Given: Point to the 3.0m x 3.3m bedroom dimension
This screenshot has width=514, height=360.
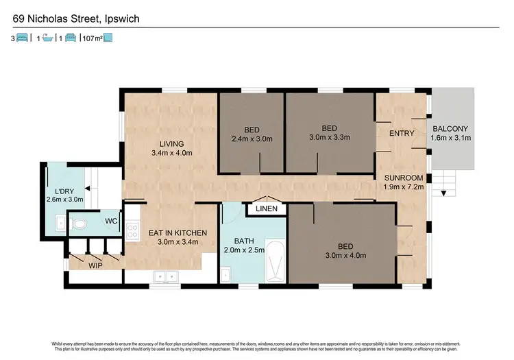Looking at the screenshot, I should [330, 137].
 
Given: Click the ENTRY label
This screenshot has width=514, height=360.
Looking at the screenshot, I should [399, 133].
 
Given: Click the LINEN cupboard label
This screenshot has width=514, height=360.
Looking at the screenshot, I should [267, 209].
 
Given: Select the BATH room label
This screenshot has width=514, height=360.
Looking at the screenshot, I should [244, 241].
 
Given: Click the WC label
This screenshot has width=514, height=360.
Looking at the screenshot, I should [110, 221].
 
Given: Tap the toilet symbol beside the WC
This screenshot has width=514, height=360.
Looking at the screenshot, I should [80, 224].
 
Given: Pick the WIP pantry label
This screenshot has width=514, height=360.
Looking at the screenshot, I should [95, 263].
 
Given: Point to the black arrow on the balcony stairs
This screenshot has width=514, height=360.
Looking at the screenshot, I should [444, 193].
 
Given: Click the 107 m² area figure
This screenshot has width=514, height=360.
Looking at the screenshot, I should [91, 39].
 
